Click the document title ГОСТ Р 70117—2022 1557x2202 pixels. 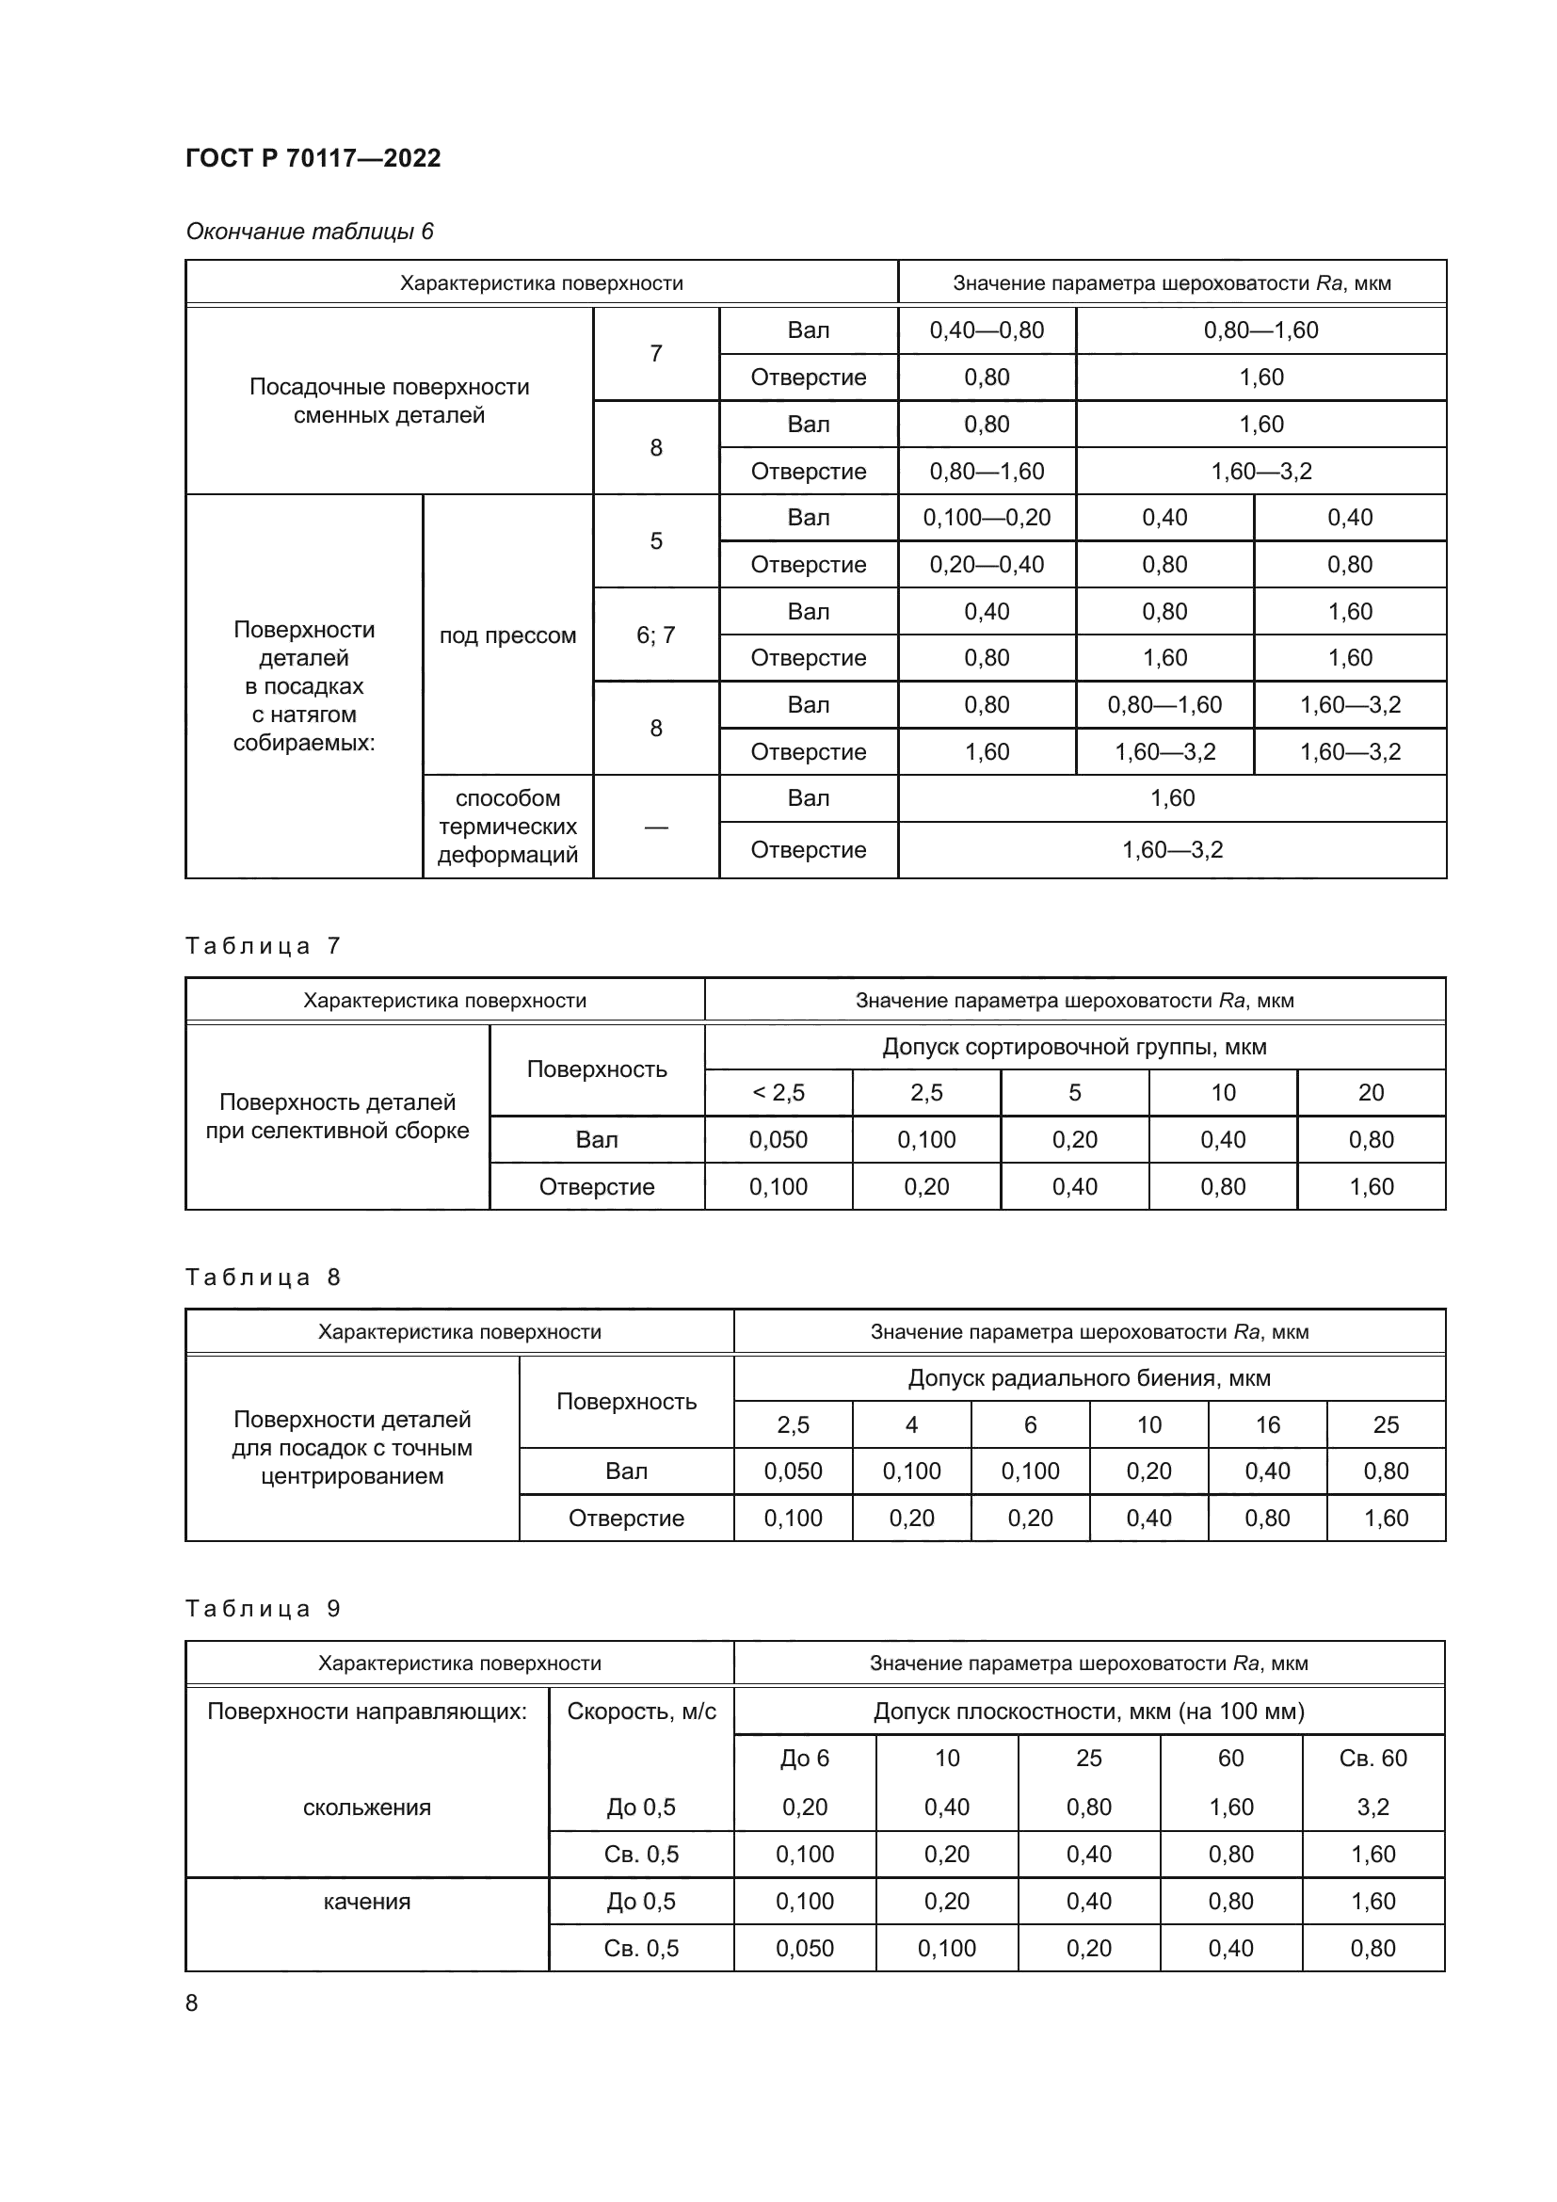[x=313, y=158]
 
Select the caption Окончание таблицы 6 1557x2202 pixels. [x=309, y=232]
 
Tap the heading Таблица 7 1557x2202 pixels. [x=262, y=945]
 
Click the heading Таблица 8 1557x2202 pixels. [x=262, y=1277]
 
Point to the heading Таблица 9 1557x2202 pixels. [x=262, y=1608]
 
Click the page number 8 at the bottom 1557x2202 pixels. [x=192, y=2002]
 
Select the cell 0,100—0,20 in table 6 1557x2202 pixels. [x=986, y=518]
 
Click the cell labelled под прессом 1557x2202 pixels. [x=507, y=635]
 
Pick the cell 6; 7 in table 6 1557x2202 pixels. [x=656, y=635]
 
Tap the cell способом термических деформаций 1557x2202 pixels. [x=507, y=826]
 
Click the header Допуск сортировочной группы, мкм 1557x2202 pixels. [x=1074, y=1046]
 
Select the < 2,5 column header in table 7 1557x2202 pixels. [x=778, y=1092]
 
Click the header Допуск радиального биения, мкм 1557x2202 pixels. [x=1088, y=1378]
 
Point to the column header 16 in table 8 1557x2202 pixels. [x=1267, y=1425]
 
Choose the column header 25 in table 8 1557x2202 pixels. [x=1386, y=1425]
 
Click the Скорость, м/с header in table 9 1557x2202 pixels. [x=640, y=1711]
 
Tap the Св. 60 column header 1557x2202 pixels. [x=1372, y=1758]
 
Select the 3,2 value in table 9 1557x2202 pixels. [x=1372, y=1807]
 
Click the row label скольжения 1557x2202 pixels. [x=366, y=1807]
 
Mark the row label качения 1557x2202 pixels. [x=366, y=1901]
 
